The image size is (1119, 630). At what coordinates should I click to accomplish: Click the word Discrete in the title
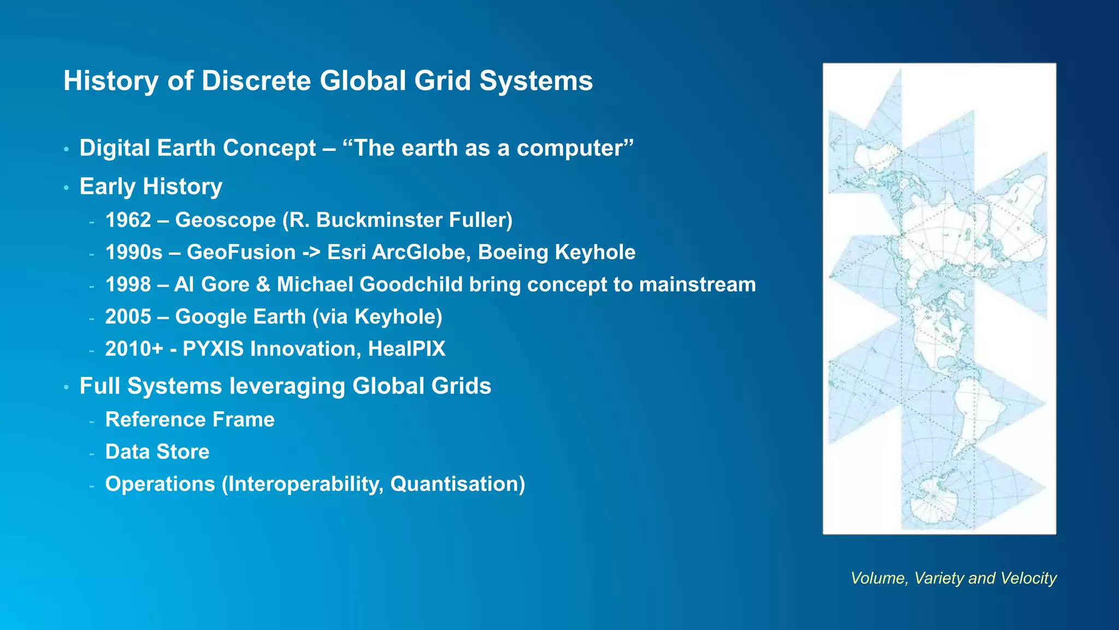click(256, 81)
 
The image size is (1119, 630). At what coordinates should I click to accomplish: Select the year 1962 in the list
click(128, 220)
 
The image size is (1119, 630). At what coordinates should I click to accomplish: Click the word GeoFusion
click(241, 252)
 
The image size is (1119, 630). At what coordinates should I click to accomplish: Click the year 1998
click(128, 284)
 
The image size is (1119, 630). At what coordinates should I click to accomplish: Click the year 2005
click(128, 317)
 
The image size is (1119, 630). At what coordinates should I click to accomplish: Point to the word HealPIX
click(407, 349)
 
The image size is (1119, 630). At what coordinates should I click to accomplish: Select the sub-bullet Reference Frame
click(190, 419)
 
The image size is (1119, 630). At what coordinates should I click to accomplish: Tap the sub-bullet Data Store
click(157, 452)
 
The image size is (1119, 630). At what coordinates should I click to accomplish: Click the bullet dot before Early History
click(66, 188)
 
